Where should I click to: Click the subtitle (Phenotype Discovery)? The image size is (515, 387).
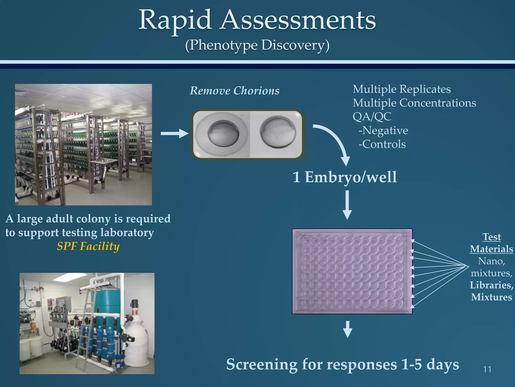point(257,45)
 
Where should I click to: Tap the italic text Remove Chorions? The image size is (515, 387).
point(234,91)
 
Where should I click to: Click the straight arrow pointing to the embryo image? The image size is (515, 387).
point(174,133)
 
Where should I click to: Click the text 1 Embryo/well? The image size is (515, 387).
point(345,177)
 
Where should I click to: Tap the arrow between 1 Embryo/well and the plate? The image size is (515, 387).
point(347,205)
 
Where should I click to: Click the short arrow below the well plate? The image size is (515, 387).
point(348,329)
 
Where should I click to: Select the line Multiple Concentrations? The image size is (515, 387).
point(414,103)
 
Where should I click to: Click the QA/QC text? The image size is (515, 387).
point(372,117)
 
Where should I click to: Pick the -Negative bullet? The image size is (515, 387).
point(383,131)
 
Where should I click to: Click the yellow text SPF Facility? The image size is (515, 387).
point(88,246)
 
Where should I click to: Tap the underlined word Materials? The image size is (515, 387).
point(491,249)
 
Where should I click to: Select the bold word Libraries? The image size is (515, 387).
point(491,285)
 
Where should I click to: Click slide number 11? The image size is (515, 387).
point(487,369)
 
